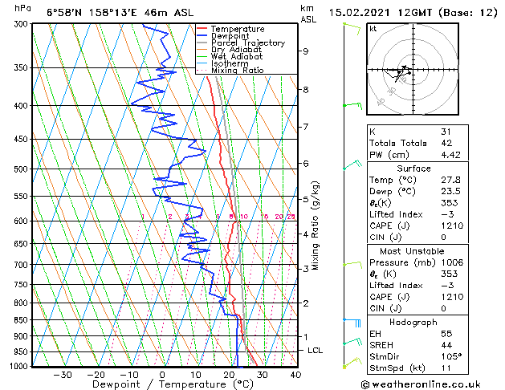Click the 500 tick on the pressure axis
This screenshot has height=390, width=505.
click(x=22, y=169)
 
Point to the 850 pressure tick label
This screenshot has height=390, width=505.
click(x=22, y=320)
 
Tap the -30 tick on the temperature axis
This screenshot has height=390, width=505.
click(x=63, y=374)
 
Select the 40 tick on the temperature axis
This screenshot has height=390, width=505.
click(x=295, y=374)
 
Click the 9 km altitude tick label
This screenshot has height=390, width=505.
click(x=306, y=51)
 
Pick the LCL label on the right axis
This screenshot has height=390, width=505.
click(x=316, y=351)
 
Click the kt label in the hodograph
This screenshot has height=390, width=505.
click(x=373, y=28)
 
